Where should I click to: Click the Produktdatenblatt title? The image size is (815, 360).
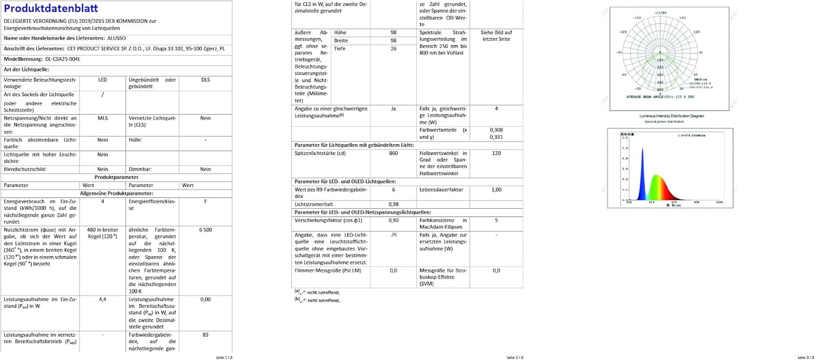[x=51, y=9]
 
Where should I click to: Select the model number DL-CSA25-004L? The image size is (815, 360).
[x=63, y=59]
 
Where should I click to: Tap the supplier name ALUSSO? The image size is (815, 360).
[x=116, y=38]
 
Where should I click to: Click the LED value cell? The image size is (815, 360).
[x=103, y=80]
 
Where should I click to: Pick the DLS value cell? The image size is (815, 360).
[x=206, y=80]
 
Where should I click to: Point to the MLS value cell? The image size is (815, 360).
[x=103, y=118]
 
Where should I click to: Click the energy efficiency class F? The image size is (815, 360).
[x=206, y=201]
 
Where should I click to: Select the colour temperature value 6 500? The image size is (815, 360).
[x=206, y=229]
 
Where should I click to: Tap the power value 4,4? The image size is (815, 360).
[x=103, y=299]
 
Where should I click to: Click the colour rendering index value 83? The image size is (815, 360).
[x=206, y=335]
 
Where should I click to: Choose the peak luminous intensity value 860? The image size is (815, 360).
[x=394, y=153]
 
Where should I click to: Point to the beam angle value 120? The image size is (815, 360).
[x=496, y=153]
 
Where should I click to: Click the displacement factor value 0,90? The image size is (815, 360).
[x=394, y=220]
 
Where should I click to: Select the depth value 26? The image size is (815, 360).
[x=394, y=49]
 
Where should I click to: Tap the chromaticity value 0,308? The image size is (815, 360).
[x=496, y=130]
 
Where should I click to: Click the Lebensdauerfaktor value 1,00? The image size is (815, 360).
[x=496, y=189]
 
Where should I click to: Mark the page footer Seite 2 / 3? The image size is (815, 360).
[x=515, y=357]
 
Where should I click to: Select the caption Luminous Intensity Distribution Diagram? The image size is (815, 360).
[x=672, y=116]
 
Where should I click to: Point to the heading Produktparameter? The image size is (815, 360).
[x=116, y=177]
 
